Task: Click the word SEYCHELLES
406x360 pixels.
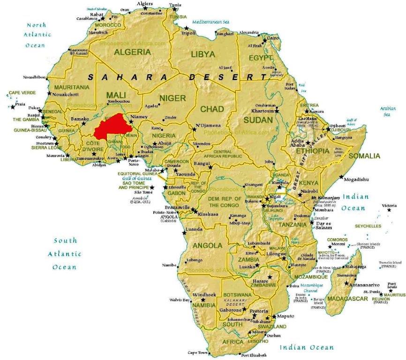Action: point(368,225)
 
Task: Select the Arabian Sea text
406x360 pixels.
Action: point(387,111)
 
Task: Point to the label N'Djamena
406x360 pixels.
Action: point(207,126)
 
